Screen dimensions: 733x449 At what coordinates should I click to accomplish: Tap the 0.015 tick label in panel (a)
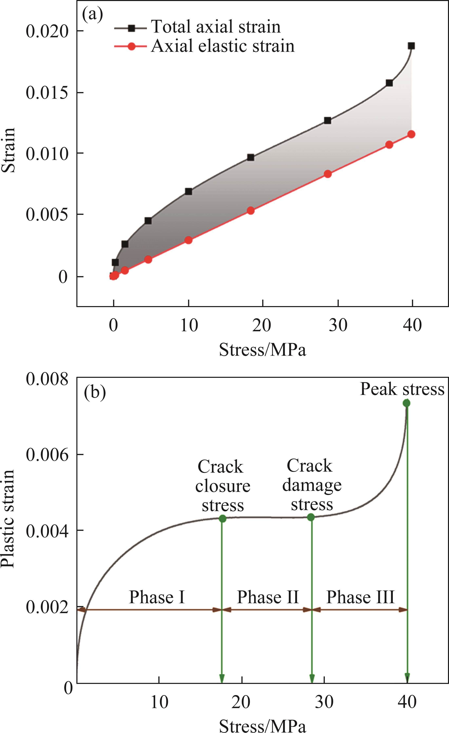click(47, 93)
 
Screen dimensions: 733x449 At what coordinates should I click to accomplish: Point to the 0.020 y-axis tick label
click(47, 31)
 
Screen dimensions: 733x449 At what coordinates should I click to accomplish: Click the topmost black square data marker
click(411, 46)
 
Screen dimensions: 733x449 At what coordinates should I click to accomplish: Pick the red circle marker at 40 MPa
click(411, 134)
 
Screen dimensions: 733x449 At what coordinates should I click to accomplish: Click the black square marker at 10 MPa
click(188, 191)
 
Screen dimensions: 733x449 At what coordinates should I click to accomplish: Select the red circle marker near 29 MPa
click(328, 174)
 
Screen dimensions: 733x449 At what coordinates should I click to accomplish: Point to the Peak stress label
click(402, 389)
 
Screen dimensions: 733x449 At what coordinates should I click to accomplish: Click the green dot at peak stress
click(406, 403)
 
